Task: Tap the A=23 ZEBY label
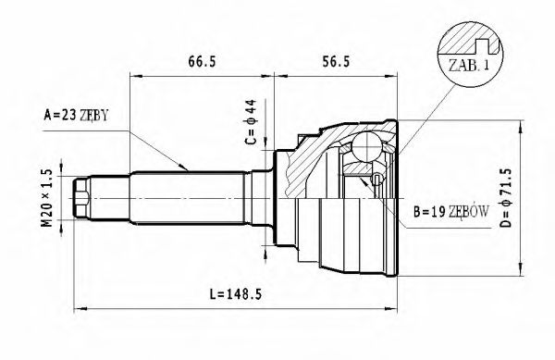[76, 116]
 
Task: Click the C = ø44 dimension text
[250, 126]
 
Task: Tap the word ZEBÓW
[468, 212]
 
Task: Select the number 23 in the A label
[68, 116]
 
